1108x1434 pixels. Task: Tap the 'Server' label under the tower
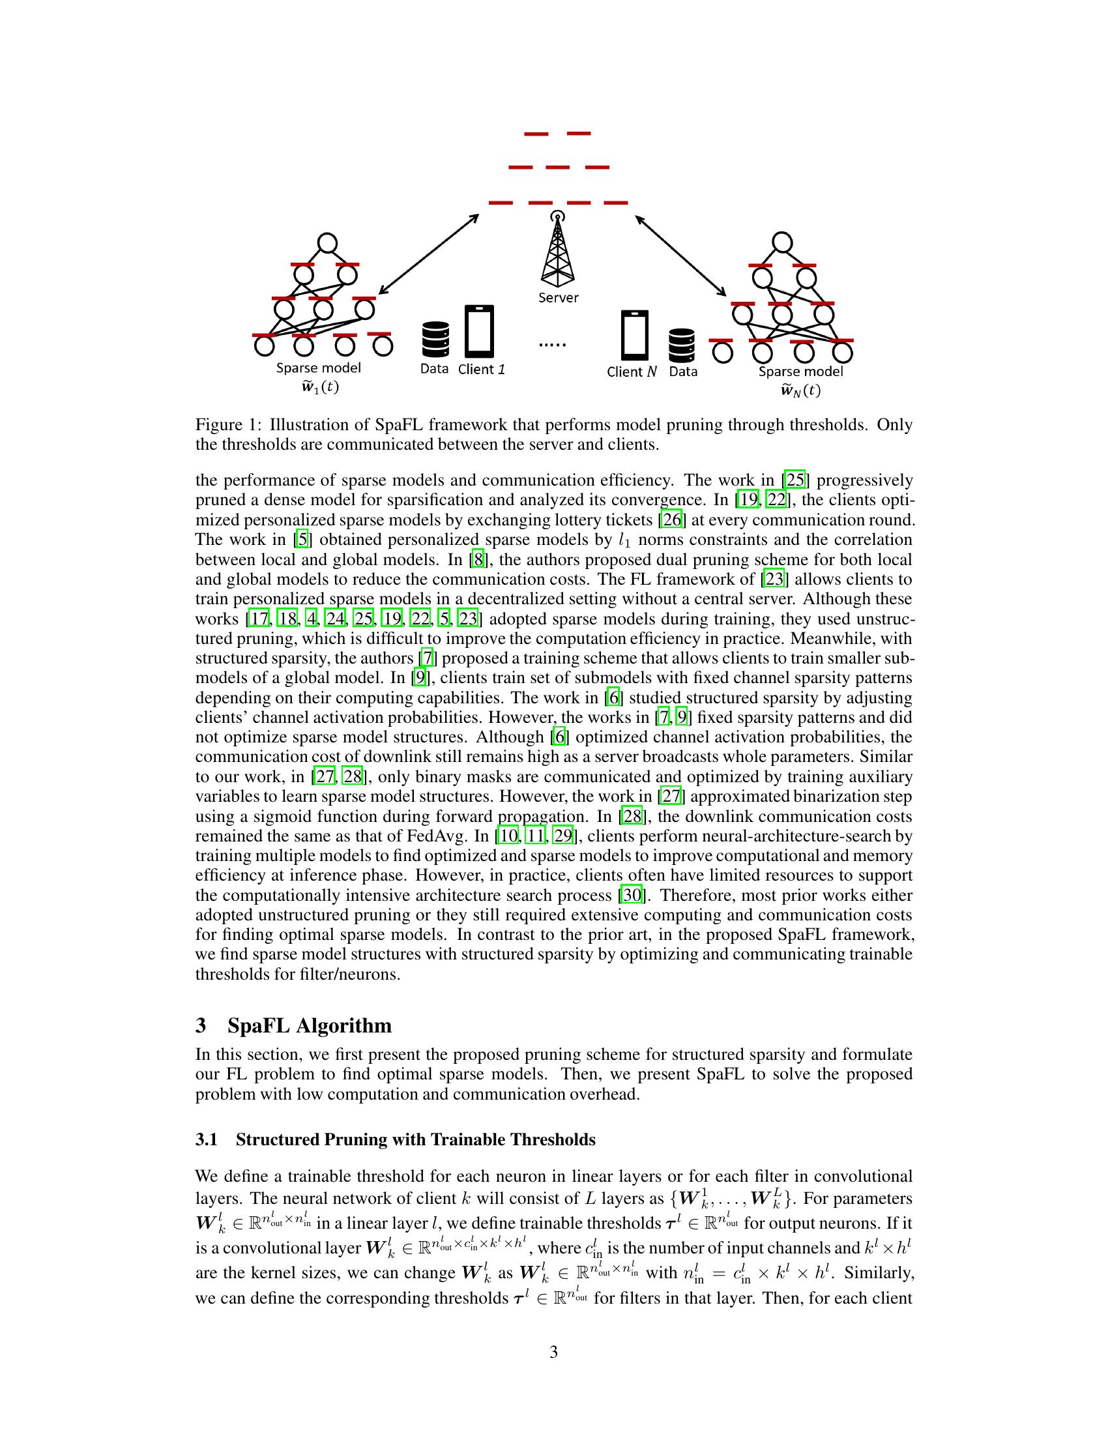tap(558, 297)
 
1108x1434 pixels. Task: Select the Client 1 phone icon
tap(479, 331)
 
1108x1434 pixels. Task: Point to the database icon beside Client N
tap(681, 345)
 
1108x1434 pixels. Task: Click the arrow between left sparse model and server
tap(429, 254)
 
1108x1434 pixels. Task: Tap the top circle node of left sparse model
tap(327, 244)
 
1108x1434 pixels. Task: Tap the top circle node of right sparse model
tap(781, 242)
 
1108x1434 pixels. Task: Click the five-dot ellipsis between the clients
tap(552, 344)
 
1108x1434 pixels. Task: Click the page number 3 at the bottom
tap(553, 1352)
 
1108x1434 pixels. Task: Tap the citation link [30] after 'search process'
tap(633, 895)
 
